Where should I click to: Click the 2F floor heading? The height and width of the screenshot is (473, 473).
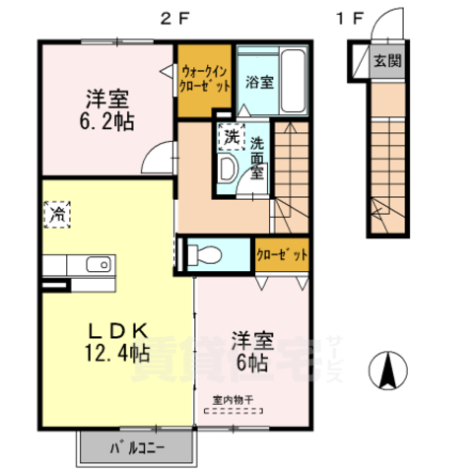point(177,17)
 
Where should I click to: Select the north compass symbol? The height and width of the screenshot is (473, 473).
point(387,370)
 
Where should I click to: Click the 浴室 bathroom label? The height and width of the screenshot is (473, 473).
point(260,82)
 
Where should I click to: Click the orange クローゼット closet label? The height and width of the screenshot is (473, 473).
point(282,253)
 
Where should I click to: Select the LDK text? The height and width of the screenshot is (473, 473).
point(112,328)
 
